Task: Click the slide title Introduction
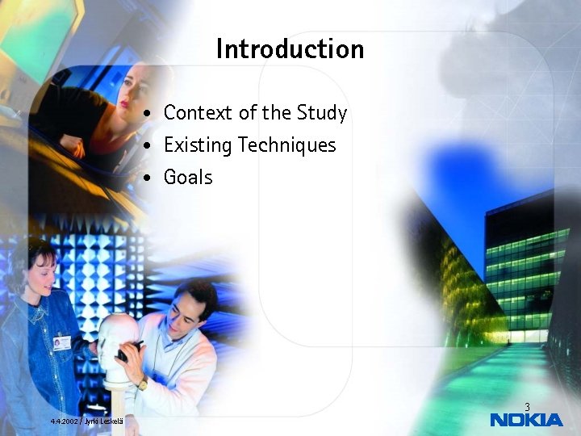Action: coord(290,48)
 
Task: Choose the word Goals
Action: coord(188,177)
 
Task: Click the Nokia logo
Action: coord(526,420)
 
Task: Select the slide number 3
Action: coord(527,407)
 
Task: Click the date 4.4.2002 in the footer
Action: coord(64,421)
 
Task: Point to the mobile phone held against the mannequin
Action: coord(128,350)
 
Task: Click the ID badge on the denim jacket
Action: coord(62,343)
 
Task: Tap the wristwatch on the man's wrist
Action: coord(143,384)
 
